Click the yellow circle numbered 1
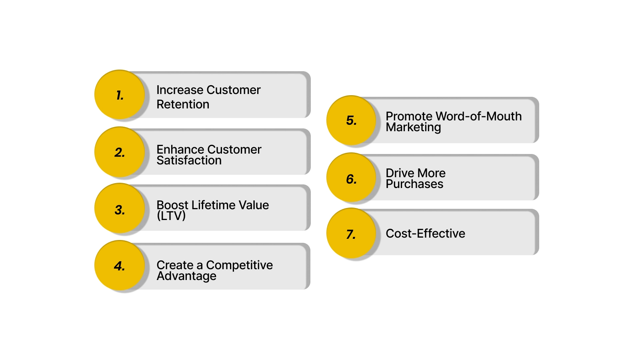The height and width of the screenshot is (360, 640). point(119,95)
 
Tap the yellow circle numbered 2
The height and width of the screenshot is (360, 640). point(119,152)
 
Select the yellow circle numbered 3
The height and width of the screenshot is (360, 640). point(119,209)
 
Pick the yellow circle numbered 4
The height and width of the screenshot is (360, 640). point(119,266)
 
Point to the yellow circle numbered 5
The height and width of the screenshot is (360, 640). point(351,120)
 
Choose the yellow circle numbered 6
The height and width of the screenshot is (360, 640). point(351,178)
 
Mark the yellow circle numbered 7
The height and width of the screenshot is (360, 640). point(351,234)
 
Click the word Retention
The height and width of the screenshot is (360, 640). point(183,104)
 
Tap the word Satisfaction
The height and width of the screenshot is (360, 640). point(189,160)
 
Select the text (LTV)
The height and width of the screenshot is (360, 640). point(171,216)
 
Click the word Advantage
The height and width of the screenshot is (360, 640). point(186,276)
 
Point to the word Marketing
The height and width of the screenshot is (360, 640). point(413,127)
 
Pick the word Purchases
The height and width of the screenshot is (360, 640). point(414,184)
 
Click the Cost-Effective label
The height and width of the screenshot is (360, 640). point(425,233)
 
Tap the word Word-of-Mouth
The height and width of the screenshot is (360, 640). point(478,116)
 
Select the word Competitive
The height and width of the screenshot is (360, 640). point(239,265)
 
